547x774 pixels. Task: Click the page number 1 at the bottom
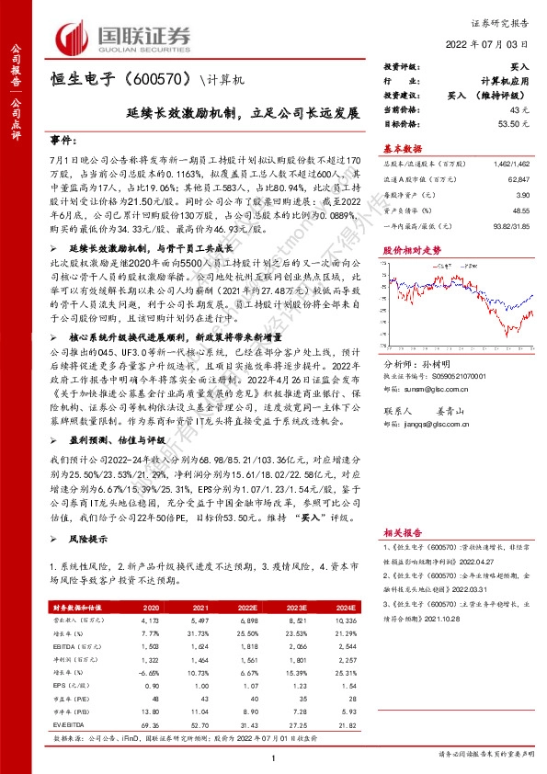[274, 757]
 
